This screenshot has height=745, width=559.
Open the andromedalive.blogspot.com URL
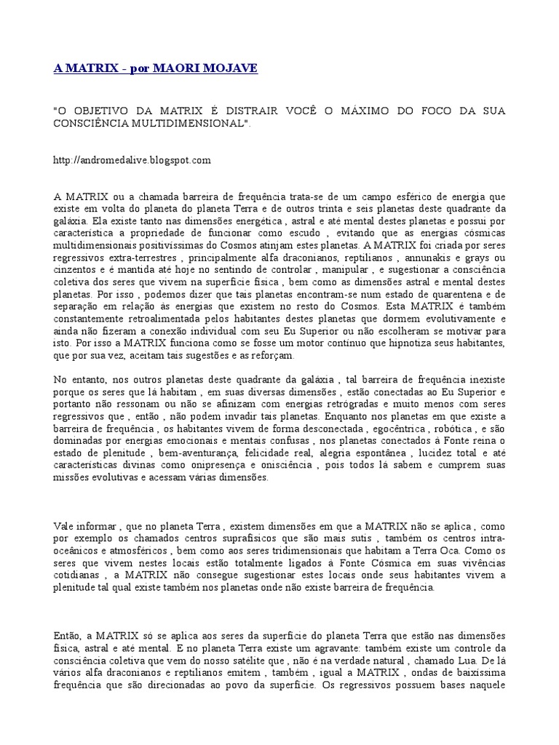[132, 159]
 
